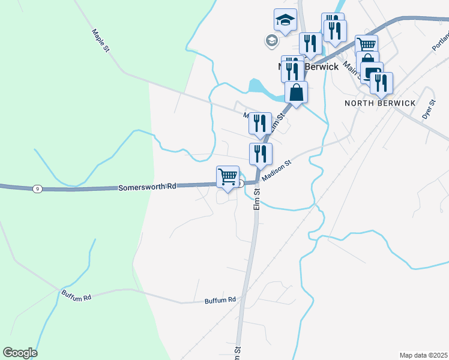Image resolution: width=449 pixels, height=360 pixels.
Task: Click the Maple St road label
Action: coord(100,41)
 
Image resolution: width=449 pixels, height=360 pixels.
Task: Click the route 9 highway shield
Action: coord(38,189)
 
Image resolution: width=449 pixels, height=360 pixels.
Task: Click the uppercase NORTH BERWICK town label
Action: coord(380,103)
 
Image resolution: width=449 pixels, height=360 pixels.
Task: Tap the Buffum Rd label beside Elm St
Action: coord(220,300)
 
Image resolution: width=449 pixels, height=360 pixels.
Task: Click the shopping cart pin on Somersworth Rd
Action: coord(228,178)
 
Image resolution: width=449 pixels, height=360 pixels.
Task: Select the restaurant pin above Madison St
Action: coord(261,154)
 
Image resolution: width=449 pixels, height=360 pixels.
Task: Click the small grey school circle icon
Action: coord(271,41)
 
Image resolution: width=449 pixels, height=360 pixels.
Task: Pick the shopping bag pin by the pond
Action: coord(297,93)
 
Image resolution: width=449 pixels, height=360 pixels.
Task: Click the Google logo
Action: coord(20,353)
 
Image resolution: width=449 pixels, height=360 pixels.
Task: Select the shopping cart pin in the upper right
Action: coord(366,45)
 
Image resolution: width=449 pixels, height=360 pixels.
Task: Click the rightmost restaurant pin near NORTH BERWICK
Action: coord(381,83)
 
